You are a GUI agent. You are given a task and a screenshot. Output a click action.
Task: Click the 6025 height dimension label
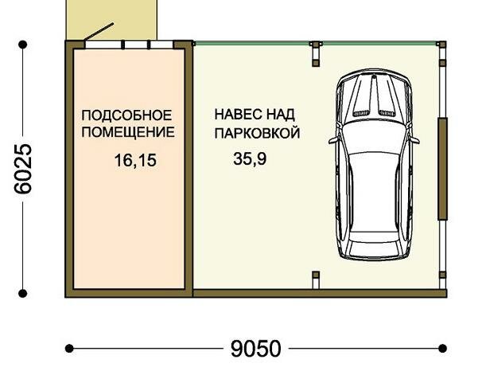coord(23,169)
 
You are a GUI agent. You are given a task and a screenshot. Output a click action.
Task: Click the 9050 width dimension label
coord(256,349)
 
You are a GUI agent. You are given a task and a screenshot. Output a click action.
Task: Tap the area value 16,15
coord(135,161)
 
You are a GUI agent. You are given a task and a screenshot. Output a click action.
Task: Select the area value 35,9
coord(250,159)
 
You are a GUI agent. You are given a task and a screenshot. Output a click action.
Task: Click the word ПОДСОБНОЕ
coord(126,115)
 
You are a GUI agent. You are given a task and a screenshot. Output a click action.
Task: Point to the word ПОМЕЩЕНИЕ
coord(128,132)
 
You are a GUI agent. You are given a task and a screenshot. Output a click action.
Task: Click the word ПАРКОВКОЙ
coord(257,133)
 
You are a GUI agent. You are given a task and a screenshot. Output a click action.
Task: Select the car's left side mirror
coord(333,140)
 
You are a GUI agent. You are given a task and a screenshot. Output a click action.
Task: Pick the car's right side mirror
coord(414,139)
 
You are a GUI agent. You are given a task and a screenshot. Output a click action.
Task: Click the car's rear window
coord(374,236)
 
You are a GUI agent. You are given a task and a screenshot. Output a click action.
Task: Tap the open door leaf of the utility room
coord(99,32)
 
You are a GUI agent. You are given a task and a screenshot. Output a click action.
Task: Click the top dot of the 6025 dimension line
coord(23,45)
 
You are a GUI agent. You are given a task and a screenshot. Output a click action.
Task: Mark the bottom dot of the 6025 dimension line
coord(23,294)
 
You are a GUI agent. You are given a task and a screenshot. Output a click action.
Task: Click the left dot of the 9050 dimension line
coord(69,349)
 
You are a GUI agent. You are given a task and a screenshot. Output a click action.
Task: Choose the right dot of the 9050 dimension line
coord(443,349)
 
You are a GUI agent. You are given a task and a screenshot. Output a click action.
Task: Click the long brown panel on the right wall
coord(442,169)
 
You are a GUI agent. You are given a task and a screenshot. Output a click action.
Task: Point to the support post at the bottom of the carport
coord(316,279)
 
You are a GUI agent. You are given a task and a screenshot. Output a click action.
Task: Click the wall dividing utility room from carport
coord(189,169)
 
